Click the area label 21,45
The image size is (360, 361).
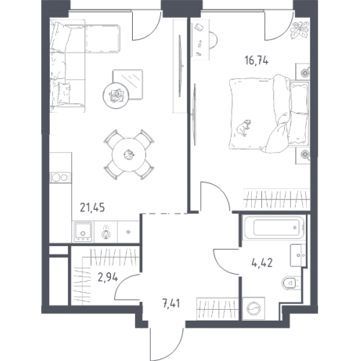(92, 207)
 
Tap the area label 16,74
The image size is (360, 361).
(256, 61)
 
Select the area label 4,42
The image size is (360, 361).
(262, 263)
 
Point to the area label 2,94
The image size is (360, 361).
(107, 277)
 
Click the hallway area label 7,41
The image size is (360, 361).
(171, 304)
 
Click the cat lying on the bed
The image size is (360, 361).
(244, 127)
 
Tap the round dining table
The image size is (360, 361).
(129, 155)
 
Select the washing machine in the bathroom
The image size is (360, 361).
(254, 309)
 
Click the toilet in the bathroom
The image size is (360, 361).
(291, 283)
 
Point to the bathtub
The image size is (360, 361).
(274, 227)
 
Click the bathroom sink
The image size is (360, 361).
(298, 256)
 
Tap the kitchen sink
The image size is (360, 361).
(83, 232)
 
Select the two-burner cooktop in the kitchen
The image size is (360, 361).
(61, 178)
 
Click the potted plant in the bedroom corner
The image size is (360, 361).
(299, 30)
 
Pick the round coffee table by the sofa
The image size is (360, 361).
(116, 95)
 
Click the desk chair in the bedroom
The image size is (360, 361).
(214, 40)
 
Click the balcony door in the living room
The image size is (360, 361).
(146, 25)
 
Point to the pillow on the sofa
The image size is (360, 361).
(64, 92)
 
